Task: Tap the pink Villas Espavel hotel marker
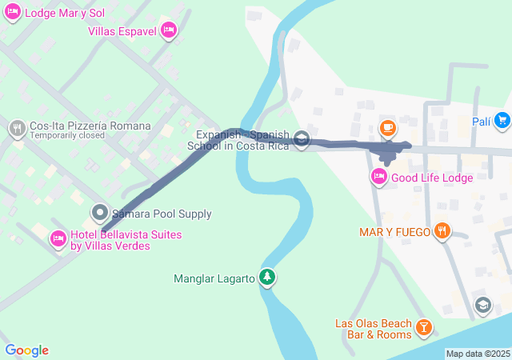[168, 30]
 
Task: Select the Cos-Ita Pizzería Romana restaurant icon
[18, 128]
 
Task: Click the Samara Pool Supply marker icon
[99, 213]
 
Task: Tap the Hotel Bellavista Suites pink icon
[58, 238]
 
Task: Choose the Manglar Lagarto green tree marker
[266, 278]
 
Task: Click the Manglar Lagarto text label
[214, 279]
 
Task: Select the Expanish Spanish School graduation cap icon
[302, 139]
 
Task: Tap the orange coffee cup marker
[387, 127]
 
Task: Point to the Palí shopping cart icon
[502, 121]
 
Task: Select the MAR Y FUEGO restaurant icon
[442, 232]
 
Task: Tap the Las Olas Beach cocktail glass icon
[423, 326]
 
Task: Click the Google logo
[27, 350]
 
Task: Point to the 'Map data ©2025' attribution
[478, 354]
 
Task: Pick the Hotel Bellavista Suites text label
[126, 240]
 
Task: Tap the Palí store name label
[481, 121]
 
